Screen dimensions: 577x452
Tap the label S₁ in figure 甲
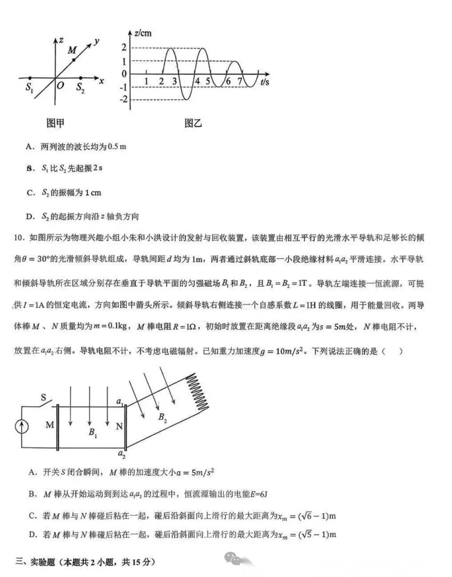click(30, 88)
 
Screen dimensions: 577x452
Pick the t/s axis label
click(265, 82)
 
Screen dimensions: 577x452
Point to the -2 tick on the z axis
click(124, 100)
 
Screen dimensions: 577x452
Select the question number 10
click(19, 237)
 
